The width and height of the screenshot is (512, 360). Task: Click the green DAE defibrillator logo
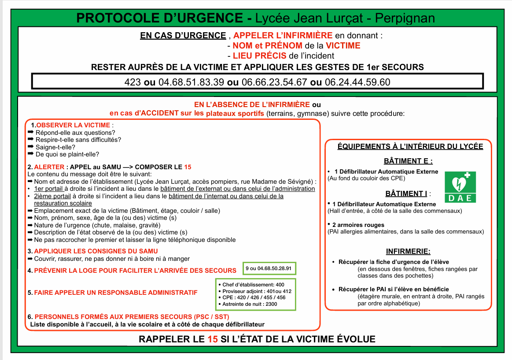click(x=460, y=186)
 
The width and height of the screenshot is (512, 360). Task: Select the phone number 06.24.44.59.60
click(x=357, y=82)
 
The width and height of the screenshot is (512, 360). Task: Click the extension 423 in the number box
click(x=133, y=82)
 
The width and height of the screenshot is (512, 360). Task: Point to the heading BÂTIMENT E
click(x=408, y=161)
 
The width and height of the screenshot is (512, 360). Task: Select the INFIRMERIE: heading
click(x=408, y=252)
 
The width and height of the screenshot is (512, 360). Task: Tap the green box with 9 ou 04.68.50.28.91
click(x=270, y=268)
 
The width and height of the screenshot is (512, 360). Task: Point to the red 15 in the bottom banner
click(x=212, y=339)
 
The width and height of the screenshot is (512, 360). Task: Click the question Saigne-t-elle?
click(x=55, y=147)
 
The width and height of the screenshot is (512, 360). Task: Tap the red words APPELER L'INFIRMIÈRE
click(x=283, y=35)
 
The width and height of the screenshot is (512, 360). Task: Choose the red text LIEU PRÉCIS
click(x=260, y=56)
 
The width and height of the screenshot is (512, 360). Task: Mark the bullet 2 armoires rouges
click(x=359, y=225)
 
